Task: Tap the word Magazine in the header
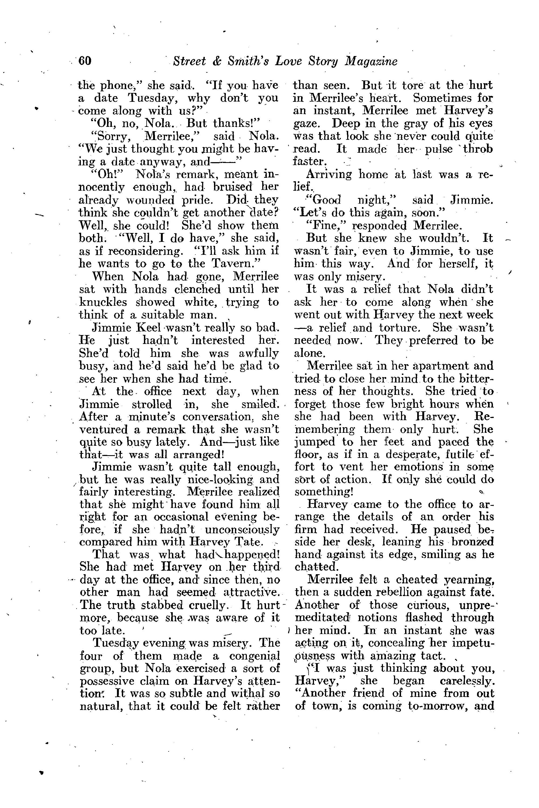click(x=371, y=61)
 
